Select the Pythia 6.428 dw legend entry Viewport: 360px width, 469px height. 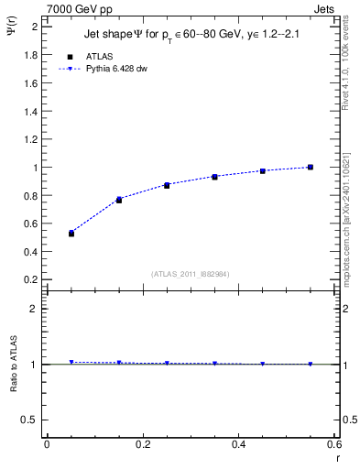[x=117, y=69]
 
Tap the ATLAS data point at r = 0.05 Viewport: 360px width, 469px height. [x=71, y=234]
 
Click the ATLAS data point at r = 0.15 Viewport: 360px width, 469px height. [x=119, y=200]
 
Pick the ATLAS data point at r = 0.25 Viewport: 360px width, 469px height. [x=167, y=185]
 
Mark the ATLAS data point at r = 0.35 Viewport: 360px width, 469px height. [x=214, y=177]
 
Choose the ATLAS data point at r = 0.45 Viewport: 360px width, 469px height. [x=263, y=171]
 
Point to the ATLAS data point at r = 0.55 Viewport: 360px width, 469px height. [x=311, y=167]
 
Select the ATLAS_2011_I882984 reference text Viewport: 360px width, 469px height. [x=191, y=273]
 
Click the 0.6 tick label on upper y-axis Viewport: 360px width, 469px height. [x=30, y=223]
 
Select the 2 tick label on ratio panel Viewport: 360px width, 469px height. [x=34, y=309]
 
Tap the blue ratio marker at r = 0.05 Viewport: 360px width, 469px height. [x=71, y=362]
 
